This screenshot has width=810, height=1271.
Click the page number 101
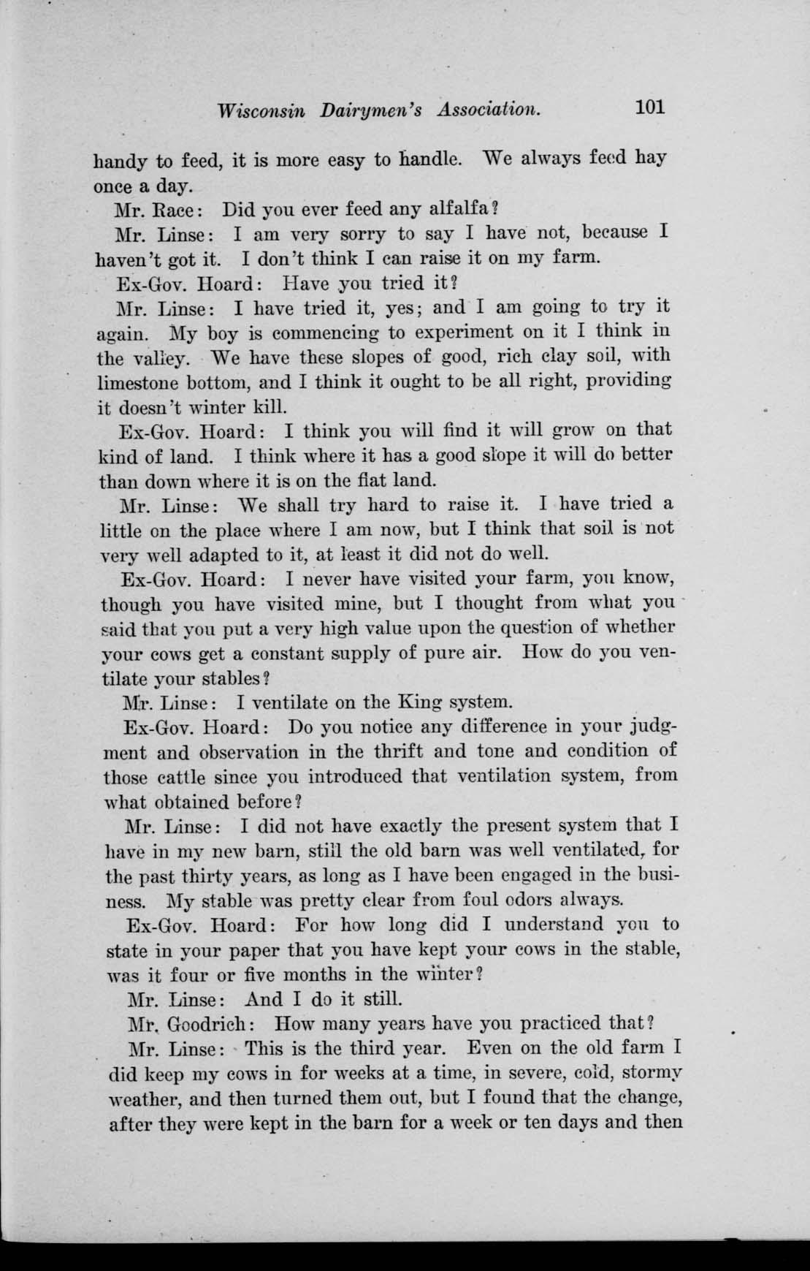(x=649, y=107)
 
